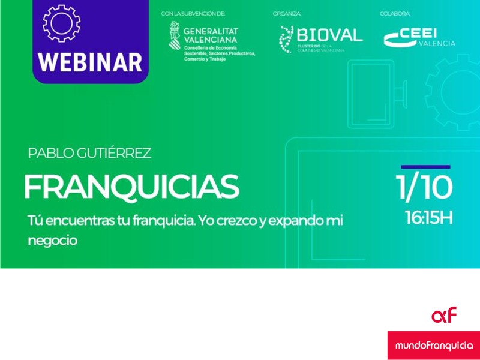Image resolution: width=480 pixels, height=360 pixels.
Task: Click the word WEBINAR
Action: (x=91, y=62)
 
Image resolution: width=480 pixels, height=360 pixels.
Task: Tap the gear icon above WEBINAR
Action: (x=62, y=22)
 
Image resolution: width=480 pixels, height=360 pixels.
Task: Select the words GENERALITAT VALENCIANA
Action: (x=211, y=35)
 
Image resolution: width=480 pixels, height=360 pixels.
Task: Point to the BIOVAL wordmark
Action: (x=329, y=35)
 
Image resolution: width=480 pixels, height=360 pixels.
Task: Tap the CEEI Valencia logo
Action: (x=419, y=37)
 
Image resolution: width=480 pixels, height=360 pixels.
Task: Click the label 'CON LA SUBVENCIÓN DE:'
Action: (x=193, y=13)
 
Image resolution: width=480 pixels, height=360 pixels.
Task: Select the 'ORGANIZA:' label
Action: (x=287, y=13)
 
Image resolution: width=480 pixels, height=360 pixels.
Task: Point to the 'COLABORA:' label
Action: (x=395, y=13)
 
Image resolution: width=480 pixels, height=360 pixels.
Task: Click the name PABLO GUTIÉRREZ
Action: (x=89, y=153)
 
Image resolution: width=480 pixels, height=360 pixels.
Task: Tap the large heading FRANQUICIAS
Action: (x=131, y=187)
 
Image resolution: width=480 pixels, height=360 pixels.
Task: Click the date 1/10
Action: (x=424, y=188)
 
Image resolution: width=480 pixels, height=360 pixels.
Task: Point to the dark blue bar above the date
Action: (x=425, y=167)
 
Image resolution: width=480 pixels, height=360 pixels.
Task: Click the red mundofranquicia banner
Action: (x=433, y=346)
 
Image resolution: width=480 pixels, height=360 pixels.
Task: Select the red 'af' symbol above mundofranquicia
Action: (x=444, y=314)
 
